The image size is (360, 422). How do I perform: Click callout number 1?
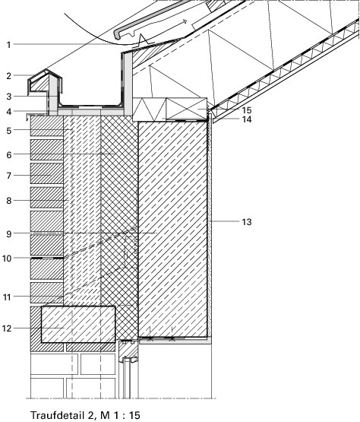tap(9, 45)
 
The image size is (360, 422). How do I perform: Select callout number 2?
tap(9, 76)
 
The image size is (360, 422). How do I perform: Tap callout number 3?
tap(9, 97)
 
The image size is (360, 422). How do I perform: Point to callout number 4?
tap(9, 112)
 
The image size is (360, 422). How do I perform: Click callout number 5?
tap(9, 131)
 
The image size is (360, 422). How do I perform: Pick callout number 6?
tap(9, 155)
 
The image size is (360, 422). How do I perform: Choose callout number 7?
tap(9, 176)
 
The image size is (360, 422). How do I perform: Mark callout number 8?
tap(9, 201)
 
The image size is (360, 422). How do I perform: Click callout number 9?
tap(9, 234)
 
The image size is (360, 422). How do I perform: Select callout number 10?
tap(7, 259)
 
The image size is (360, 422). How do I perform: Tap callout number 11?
tap(7, 297)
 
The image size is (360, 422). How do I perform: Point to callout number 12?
tap(7, 328)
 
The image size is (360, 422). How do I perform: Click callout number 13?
tap(247, 222)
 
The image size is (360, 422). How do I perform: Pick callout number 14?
tap(247, 119)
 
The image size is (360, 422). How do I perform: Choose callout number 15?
tap(247, 110)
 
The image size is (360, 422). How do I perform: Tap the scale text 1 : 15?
tap(127, 415)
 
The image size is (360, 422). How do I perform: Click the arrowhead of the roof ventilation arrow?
tap(185, 21)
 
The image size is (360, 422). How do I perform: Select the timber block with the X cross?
tap(187, 109)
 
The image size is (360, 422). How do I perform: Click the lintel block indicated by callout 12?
tap(78, 325)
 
